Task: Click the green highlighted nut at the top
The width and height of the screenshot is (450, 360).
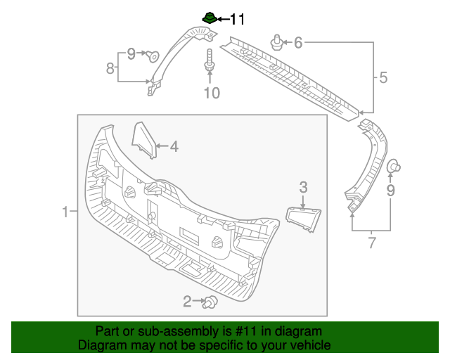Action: click(209, 17)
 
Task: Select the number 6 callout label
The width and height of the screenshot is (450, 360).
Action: click(298, 43)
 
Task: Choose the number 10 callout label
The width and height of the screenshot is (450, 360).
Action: click(212, 92)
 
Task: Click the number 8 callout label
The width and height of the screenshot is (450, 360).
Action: click(110, 68)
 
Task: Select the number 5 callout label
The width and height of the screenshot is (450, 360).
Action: click(383, 77)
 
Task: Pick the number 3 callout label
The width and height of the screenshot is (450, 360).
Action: click(303, 187)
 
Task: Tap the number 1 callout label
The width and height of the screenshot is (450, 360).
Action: click(65, 212)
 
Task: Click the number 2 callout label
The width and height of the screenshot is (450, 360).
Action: click(187, 302)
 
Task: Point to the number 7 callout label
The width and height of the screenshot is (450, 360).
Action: click(371, 244)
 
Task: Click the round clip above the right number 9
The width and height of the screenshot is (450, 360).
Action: click(394, 166)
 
